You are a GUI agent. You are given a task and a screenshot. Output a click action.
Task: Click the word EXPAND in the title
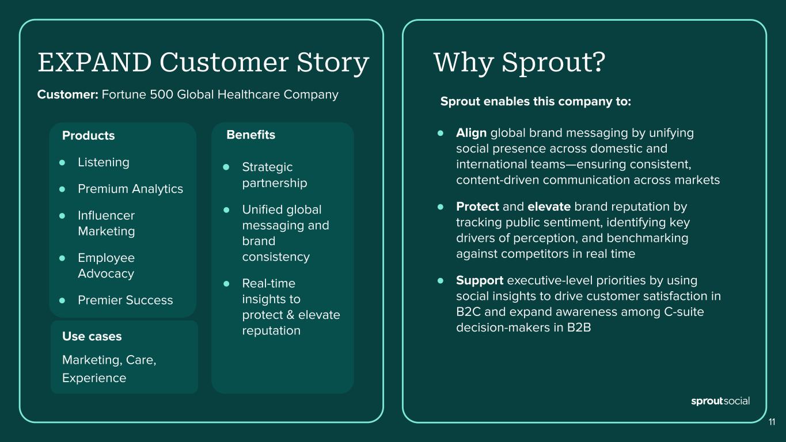(x=95, y=63)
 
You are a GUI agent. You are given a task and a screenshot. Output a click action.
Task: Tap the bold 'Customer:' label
(x=68, y=94)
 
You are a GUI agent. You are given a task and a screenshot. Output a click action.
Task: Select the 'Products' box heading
(x=89, y=135)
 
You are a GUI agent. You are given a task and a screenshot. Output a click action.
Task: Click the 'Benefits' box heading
(x=251, y=135)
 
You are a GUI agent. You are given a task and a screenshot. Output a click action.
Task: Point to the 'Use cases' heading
(x=92, y=336)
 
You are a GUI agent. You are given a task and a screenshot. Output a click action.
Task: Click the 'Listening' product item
(x=104, y=162)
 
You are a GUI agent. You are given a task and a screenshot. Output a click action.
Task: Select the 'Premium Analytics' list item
(x=131, y=189)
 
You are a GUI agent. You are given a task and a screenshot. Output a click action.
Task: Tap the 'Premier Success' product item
(x=126, y=300)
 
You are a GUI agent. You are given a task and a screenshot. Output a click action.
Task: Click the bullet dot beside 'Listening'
(x=62, y=162)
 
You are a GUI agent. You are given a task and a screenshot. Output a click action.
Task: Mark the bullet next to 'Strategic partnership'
(x=226, y=167)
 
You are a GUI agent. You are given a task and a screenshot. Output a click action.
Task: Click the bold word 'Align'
(x=471, y=133)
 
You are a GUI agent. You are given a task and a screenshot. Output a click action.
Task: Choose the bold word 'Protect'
(x=477, y=207)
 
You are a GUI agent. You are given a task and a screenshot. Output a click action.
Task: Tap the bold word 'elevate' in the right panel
(x=549, y=207)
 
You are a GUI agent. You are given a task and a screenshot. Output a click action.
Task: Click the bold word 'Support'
(x=480, y=281)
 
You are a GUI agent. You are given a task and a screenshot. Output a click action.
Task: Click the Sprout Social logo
(x=720, y=401)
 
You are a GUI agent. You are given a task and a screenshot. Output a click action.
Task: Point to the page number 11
(x=772, y=422)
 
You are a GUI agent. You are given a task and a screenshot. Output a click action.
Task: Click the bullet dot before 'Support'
(x=441, y=281)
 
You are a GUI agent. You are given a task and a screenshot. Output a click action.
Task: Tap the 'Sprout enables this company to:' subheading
(x=536, y=101)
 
